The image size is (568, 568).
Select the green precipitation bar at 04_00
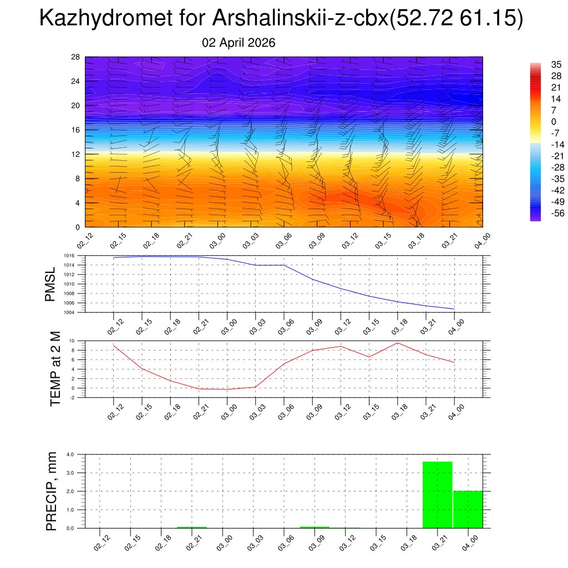click(x=468, y=509)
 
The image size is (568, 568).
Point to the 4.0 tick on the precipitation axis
click(x=70, y=454)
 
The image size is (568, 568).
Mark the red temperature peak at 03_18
click(x=398, y=343)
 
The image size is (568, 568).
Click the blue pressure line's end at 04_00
click(x=454, y=309)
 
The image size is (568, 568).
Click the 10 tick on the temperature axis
click(x=72, y=341)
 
